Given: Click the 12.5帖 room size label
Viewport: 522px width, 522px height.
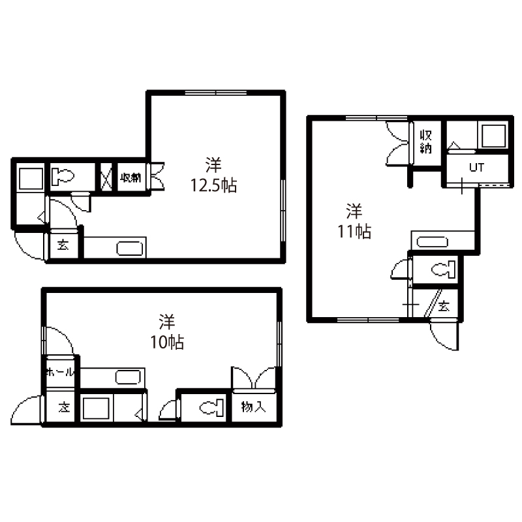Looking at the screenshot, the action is click(x=213, y=185).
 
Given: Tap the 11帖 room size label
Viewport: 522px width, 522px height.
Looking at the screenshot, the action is click(x=354, y=232).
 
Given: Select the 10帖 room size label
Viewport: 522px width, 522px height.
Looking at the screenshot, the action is click(x=167, y=342).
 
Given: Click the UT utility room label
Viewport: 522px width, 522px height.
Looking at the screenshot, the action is click(x=476, y=167).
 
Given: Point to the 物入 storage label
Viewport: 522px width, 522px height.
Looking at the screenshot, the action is click(x=254, y=407).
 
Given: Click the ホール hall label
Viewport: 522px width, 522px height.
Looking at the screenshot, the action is click(x=60, y=372).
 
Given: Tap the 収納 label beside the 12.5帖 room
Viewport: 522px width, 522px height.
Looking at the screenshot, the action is click(x=131, y=177).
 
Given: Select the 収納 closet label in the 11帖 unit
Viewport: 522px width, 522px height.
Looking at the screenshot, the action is click(x=426, y=142).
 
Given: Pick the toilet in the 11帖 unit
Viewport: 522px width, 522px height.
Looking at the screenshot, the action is click(x=443, y=269).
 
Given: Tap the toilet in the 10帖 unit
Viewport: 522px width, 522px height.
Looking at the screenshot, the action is click(x=211, y=408).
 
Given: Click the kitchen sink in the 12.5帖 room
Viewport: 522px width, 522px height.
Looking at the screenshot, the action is click(x=129, y=249).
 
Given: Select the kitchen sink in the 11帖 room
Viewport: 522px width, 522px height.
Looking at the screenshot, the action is click(x=432, y=241).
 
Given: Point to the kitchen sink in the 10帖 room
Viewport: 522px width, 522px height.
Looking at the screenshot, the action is click(x=128, y=378).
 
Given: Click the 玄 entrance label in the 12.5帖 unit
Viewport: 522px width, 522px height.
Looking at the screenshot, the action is click(x=63, y=245).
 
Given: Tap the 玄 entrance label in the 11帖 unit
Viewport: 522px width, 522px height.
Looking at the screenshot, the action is click(x=444, y=305).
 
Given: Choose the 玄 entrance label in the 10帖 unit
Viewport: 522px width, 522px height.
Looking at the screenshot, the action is click(x=64, y=407).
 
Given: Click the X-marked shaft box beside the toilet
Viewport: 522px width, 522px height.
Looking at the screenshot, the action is click(x=106, y=177).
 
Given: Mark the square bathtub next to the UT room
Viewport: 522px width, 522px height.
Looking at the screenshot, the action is click(x=493, y=136).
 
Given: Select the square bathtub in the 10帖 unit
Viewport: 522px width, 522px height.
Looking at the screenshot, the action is click(x=96, y=408).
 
